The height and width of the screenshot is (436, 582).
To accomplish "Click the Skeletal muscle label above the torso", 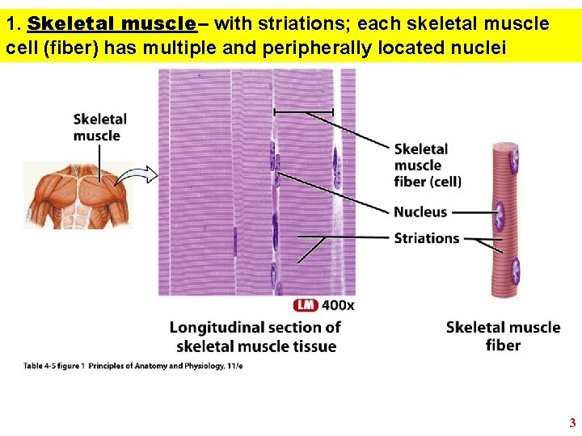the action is click(x=100, y=128).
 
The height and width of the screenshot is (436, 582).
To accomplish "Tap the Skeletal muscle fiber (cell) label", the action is click(x=428, y=165).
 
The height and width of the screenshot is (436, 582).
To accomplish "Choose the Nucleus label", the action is click(x=420, y=212).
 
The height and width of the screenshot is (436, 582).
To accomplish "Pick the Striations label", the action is click(x=427, y=238).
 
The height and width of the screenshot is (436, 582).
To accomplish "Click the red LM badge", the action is click(x=306, y=304).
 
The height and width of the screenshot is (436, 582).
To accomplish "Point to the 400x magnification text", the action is click(x=338, y=304).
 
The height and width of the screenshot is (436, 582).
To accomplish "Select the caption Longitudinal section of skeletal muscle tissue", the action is click(x=255, y=337).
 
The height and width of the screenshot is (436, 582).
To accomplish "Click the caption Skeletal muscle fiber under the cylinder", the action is click(x=503, y=336).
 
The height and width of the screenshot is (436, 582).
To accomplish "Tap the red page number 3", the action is click(x=572, y=422).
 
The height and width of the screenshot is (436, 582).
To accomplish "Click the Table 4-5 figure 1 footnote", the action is click(x=133, y=366).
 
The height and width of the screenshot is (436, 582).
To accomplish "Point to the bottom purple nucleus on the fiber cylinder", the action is click(x=515, y=272).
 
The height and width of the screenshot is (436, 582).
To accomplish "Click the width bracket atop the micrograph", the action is click(x=303, y=111).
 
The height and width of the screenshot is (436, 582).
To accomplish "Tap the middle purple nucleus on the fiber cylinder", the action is click(x=500, y=216).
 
